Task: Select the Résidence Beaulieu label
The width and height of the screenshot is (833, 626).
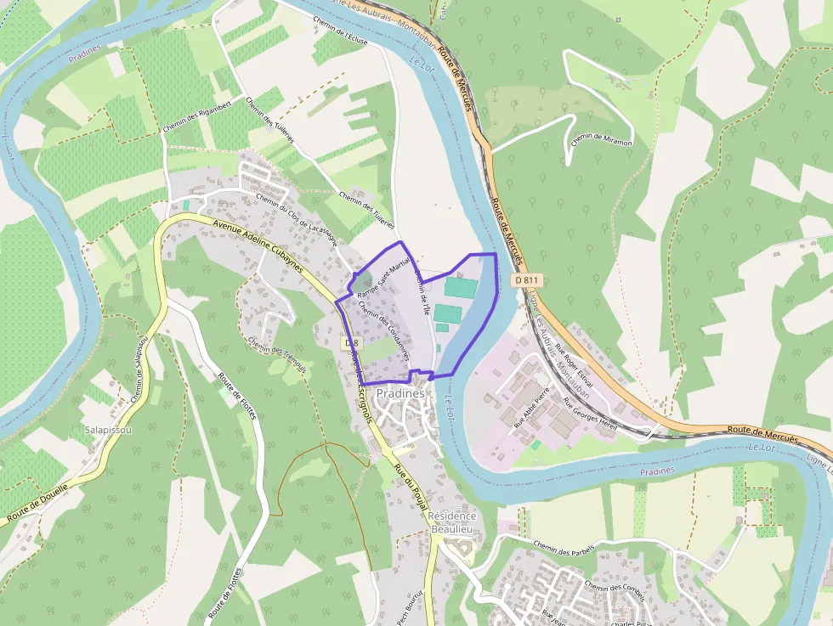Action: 452,522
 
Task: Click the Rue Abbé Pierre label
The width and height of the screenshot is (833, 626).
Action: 530,406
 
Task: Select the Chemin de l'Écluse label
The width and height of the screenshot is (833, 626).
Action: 339,35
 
